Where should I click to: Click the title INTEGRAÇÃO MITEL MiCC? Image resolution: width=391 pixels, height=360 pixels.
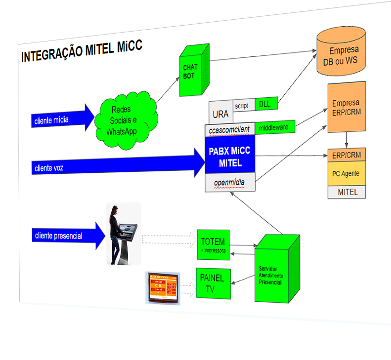click(x=82, y=51)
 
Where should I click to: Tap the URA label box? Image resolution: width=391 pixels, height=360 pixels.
click(x=220, y=113)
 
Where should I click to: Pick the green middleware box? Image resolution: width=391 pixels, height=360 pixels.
click(x=274, y=127)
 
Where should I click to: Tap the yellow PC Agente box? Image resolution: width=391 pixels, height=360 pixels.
click(x=346, y=174)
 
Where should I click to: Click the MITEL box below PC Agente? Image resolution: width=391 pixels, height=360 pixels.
click(x=347, y=192)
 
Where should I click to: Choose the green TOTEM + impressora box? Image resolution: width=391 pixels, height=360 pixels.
click(x=213, y=244)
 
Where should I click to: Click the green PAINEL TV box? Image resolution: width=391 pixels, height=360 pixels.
click(x=213, y=283)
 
